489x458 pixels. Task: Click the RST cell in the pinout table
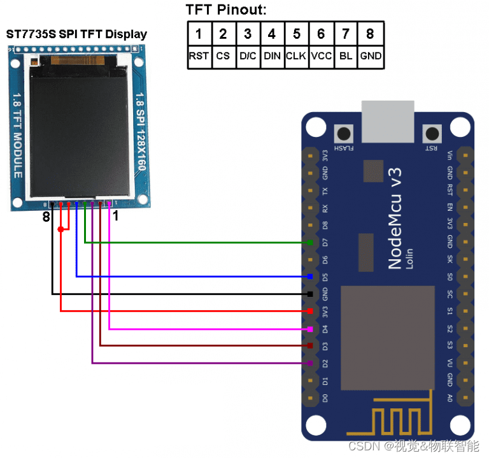tap(199, 56)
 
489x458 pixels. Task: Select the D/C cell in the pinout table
tap(247, 56)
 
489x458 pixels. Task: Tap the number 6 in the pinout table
tap(321, 34)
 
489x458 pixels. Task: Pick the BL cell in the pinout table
tap(346, 56)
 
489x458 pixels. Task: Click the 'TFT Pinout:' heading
tap(226, 10)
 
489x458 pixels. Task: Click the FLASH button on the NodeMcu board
tap(345, 134)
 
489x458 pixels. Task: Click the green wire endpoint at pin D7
tap(309, 243)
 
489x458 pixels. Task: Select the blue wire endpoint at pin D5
tap(309, 276)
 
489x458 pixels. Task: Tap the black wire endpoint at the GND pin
tap(309, 294)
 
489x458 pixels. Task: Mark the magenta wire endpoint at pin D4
tap(309, 329)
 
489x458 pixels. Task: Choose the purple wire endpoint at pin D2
tap(309, 363)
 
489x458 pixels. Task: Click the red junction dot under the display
tap(60, 229)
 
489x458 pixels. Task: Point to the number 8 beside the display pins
tap(45, 217)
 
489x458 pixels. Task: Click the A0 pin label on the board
tap(450, 398)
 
